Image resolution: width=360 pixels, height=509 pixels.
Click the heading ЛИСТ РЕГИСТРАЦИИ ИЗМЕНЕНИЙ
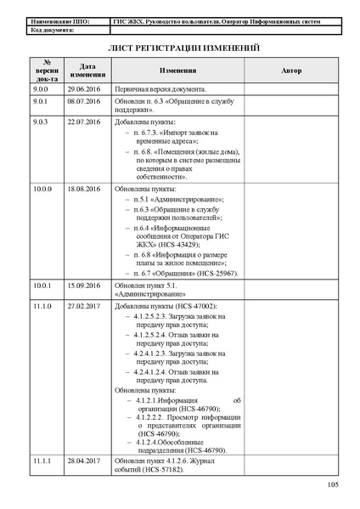[180, 48]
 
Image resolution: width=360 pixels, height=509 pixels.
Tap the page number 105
[333, 484]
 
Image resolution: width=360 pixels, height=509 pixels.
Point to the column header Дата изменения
[87, 71]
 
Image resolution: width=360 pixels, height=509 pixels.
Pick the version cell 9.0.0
[41, 88]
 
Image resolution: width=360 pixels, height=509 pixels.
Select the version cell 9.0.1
[41, 100]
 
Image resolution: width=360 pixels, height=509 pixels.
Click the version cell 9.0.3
[41, 122]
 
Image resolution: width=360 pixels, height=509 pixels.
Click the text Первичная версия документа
[160, 88]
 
